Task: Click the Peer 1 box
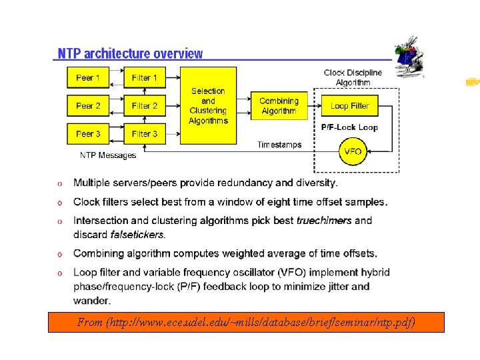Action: click(x=88, y=78)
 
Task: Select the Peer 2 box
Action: click(x=88, y=106)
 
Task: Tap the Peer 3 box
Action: click(x=88, y=134)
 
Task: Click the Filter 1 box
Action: click(x=145, y=78)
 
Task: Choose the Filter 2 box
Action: click(x=145, y=106)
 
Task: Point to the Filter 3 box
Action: click(x=145, y=134)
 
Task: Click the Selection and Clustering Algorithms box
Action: click(x=208, y=105)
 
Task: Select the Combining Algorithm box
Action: click(x=279, y=106)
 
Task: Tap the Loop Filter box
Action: click(x=350, y=106)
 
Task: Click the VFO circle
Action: click(x=353, y=152)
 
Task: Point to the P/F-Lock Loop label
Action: click(x=349, y=127)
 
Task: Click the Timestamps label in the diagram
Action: click(x=279, y=145)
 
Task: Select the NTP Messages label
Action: click(x=108, y=155)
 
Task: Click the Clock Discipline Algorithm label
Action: click(x=353, y=77)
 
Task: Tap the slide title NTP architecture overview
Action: click(x=130, y=53)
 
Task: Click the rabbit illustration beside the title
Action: click(x=409, y=59)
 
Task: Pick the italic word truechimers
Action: click(x=324, y=220)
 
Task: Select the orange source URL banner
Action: click(x=246, y=323)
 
